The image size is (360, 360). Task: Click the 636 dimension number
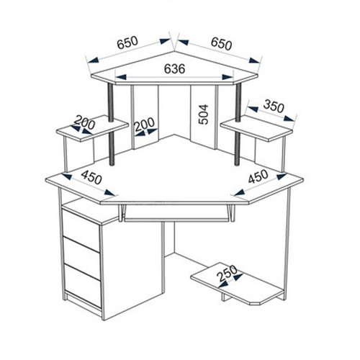(x=174, y=69)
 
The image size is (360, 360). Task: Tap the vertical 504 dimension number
(x=204, y=114)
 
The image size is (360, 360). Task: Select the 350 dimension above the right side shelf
(x=274, y=106)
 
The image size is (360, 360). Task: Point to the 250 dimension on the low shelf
(x=227, y=274)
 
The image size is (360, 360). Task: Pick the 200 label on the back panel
(x=144, y=124)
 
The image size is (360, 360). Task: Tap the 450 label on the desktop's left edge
(x=91, y=177)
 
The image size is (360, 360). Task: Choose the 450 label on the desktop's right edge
(x=258, y=176)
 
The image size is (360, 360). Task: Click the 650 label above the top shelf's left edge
(x=127, y=42)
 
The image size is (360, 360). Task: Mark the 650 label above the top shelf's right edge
(x=222, y=44)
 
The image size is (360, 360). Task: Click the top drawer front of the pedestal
(x=81, y=230)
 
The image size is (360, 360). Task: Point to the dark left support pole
(x=111, y=124)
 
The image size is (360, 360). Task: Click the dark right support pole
(x=238, y=124)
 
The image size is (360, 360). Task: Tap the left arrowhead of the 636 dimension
(x=121, y=77)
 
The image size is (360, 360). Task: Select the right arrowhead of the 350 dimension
(x=289, y=118)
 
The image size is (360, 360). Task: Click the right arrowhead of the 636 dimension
(x=228, y=77)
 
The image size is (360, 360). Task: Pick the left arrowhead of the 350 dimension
(x=253, y=109)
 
